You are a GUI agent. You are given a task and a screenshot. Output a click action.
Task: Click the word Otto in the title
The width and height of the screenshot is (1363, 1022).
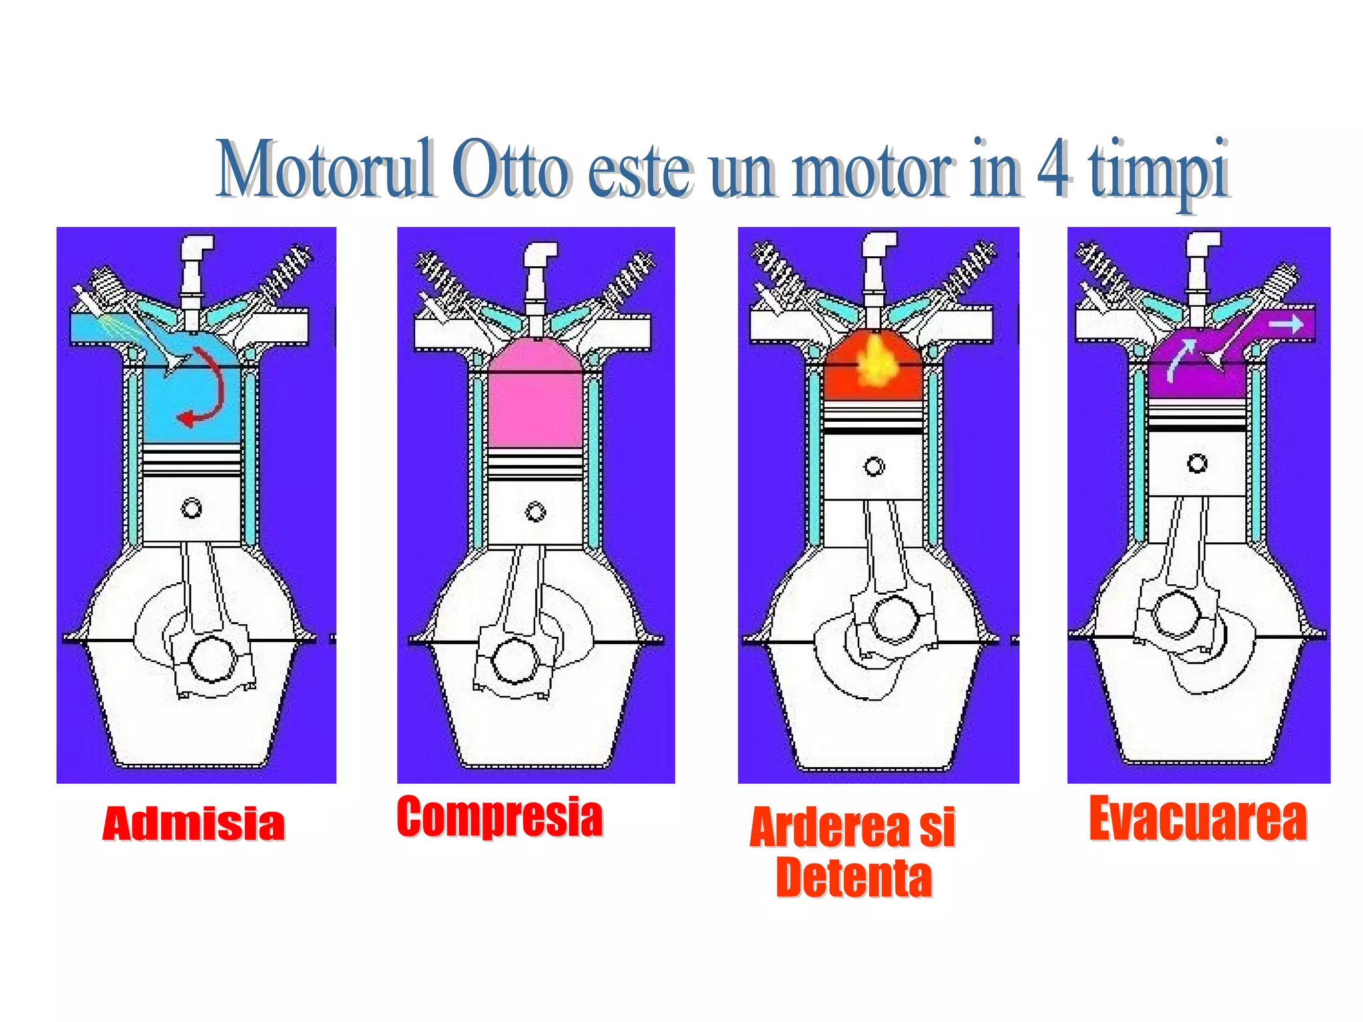[x=510, y=170]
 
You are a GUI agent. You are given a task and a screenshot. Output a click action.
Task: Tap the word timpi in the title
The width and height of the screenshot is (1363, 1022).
[x=1158, y=170]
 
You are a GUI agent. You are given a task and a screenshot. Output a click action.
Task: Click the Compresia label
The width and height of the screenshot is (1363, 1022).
[x=500, y=816]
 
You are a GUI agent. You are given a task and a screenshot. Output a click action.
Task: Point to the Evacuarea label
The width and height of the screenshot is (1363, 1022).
[x=1198, y=819]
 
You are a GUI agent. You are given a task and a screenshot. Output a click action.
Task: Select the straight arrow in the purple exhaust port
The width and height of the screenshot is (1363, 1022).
[x=1285, y=324]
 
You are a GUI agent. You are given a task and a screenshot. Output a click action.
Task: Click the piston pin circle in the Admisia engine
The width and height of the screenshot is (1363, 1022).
[x=192, y=509]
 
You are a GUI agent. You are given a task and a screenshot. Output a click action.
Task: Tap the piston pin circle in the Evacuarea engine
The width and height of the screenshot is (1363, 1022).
[x=1197, y=463]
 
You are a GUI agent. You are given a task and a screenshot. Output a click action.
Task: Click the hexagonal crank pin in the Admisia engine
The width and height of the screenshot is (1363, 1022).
[x=212, y=659]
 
